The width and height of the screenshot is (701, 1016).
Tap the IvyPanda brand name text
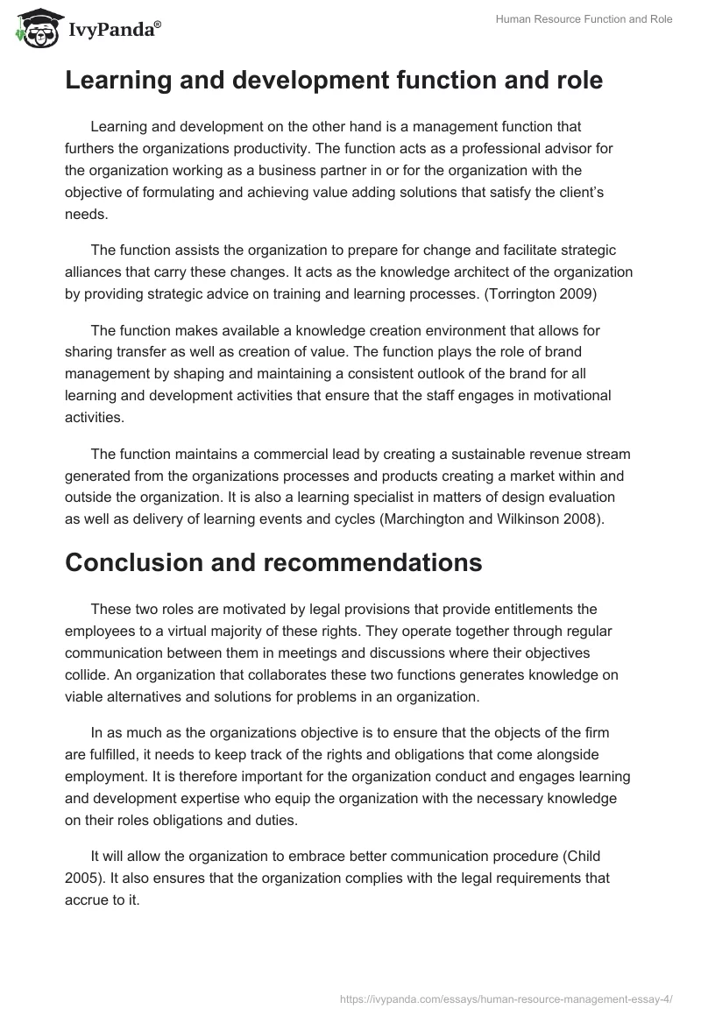tap(114, 30)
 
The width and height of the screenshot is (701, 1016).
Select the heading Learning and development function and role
tap(334, 81)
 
